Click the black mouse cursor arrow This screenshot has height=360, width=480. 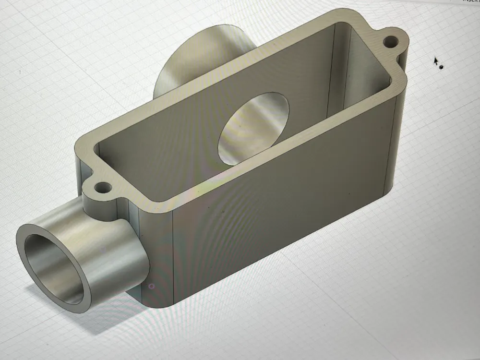point(436,61)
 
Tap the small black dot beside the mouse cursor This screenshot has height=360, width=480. point(441,67)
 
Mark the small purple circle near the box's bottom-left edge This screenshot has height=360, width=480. point(152,286)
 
